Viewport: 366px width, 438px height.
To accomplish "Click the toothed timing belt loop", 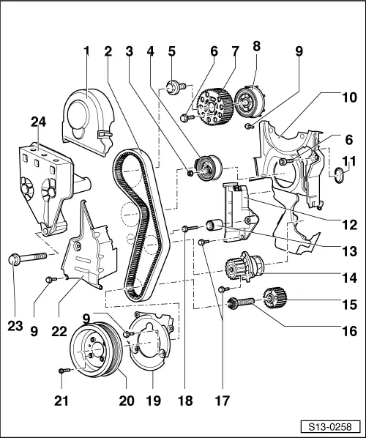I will [135, 220].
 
